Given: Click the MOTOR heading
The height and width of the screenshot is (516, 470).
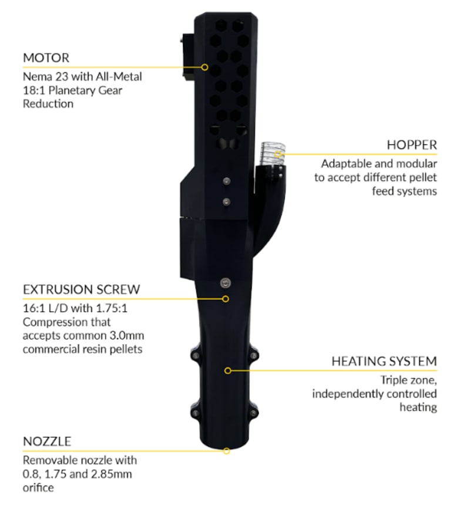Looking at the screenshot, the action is pyautogui.click(x=46, y=58).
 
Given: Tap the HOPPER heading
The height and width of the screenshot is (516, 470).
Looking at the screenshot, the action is pyautogui.click(x=412, y=145).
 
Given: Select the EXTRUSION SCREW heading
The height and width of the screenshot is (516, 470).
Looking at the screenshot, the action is pyautogui.click(x=81, y=289).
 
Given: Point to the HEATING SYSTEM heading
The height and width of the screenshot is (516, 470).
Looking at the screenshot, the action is pyautogui.click(x=384, y=361).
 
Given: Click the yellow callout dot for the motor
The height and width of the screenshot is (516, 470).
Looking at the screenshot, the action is pyautogui.click(x=204, y=67).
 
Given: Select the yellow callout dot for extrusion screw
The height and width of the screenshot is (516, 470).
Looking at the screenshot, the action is pyautogui.click(x=226, y=298).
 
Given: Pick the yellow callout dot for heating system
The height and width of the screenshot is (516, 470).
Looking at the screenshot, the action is pyautogui.click(x=228, y=370).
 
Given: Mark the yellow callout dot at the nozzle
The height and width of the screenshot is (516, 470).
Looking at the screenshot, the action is pyautogui.click(x=226, y=451).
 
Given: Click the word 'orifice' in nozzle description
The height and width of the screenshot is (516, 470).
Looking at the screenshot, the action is pyautogui.click(x=39, y=487).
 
